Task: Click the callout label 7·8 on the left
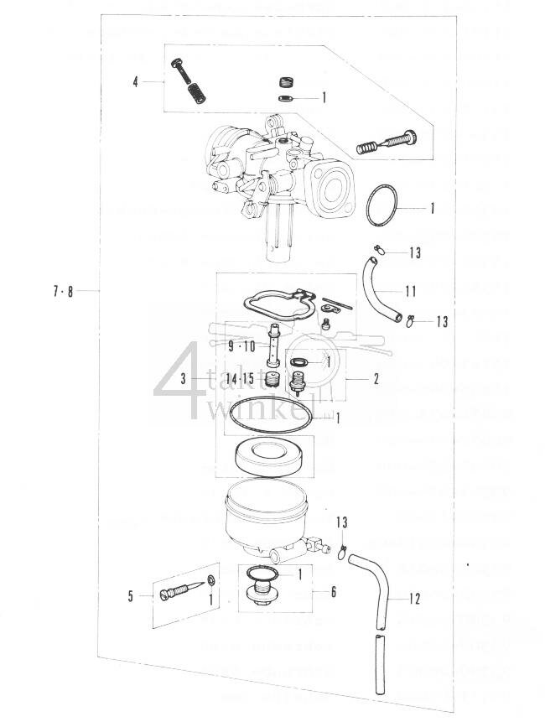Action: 61,292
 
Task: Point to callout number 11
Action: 410,292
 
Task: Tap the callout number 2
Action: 376,379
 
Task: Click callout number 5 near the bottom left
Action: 131,596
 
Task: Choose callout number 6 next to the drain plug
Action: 333,592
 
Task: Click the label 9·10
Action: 241,345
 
